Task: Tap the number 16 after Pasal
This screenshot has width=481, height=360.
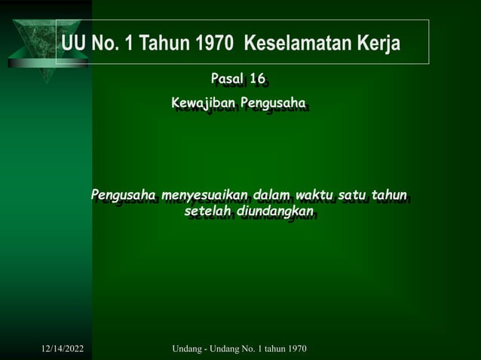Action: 257,79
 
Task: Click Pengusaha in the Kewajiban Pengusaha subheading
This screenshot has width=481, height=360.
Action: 272,103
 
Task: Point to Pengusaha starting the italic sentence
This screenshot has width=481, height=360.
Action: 123,197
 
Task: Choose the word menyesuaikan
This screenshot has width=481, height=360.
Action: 204,197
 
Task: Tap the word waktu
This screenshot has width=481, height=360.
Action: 317,197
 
